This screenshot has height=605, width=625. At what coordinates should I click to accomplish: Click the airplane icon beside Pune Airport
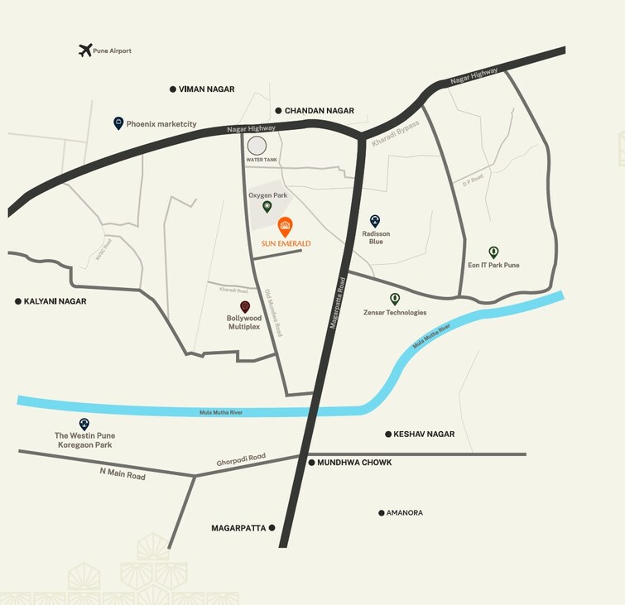click(84, 50)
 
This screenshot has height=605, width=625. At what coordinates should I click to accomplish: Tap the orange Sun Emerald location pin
click(285, 225)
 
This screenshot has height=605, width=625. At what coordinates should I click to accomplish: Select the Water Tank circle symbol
click(257, 146)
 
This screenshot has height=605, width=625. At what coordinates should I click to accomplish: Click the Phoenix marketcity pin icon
click(118, 123)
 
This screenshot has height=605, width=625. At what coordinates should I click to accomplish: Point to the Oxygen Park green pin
click(267, 206)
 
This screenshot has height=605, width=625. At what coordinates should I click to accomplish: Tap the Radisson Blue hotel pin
click(375, 221)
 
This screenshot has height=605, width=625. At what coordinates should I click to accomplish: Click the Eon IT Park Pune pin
click(493, 252)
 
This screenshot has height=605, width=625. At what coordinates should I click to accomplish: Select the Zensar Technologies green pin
click(395, 299)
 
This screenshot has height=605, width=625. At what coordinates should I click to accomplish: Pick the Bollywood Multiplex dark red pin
click(244, 306)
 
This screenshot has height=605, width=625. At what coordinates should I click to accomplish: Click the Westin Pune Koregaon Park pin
click(84, 424)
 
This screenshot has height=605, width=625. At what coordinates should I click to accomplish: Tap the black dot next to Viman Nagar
click(173, 89)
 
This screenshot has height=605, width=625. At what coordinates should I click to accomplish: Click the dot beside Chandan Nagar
click(278, 110)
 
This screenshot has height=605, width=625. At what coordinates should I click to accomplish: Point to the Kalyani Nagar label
click(55, 301)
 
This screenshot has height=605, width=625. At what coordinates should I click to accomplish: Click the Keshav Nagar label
click(424, 434)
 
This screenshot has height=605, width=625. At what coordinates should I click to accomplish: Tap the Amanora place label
click(404, 513)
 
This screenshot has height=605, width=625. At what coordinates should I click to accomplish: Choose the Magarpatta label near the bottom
click(238, 527)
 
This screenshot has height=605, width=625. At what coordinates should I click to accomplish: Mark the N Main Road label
click(123, 474)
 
